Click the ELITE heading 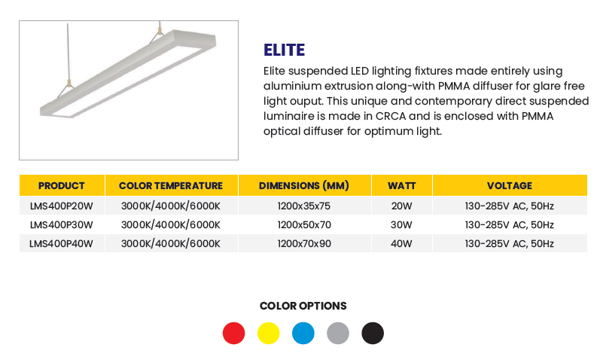coord(285,50)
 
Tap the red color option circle coord(234,333)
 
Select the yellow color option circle coord(269,333)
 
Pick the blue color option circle coord(303,333)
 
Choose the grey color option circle coord(338,333)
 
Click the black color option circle coord(373,333)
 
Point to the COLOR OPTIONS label coord(303,307)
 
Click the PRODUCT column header coord(62,186)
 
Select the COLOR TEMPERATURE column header coord(171,186)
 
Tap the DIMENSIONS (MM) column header coord(304,186)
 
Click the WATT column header coord(402,186)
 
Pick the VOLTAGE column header coord(510,186)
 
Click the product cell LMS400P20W coord(62,206)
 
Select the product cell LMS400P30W coord(62,225)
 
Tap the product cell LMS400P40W coord(62,244)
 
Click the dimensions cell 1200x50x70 coord(304,225)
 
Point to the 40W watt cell coord(401,244)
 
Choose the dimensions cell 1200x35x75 coord(304,206)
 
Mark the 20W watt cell coord(401,206)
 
